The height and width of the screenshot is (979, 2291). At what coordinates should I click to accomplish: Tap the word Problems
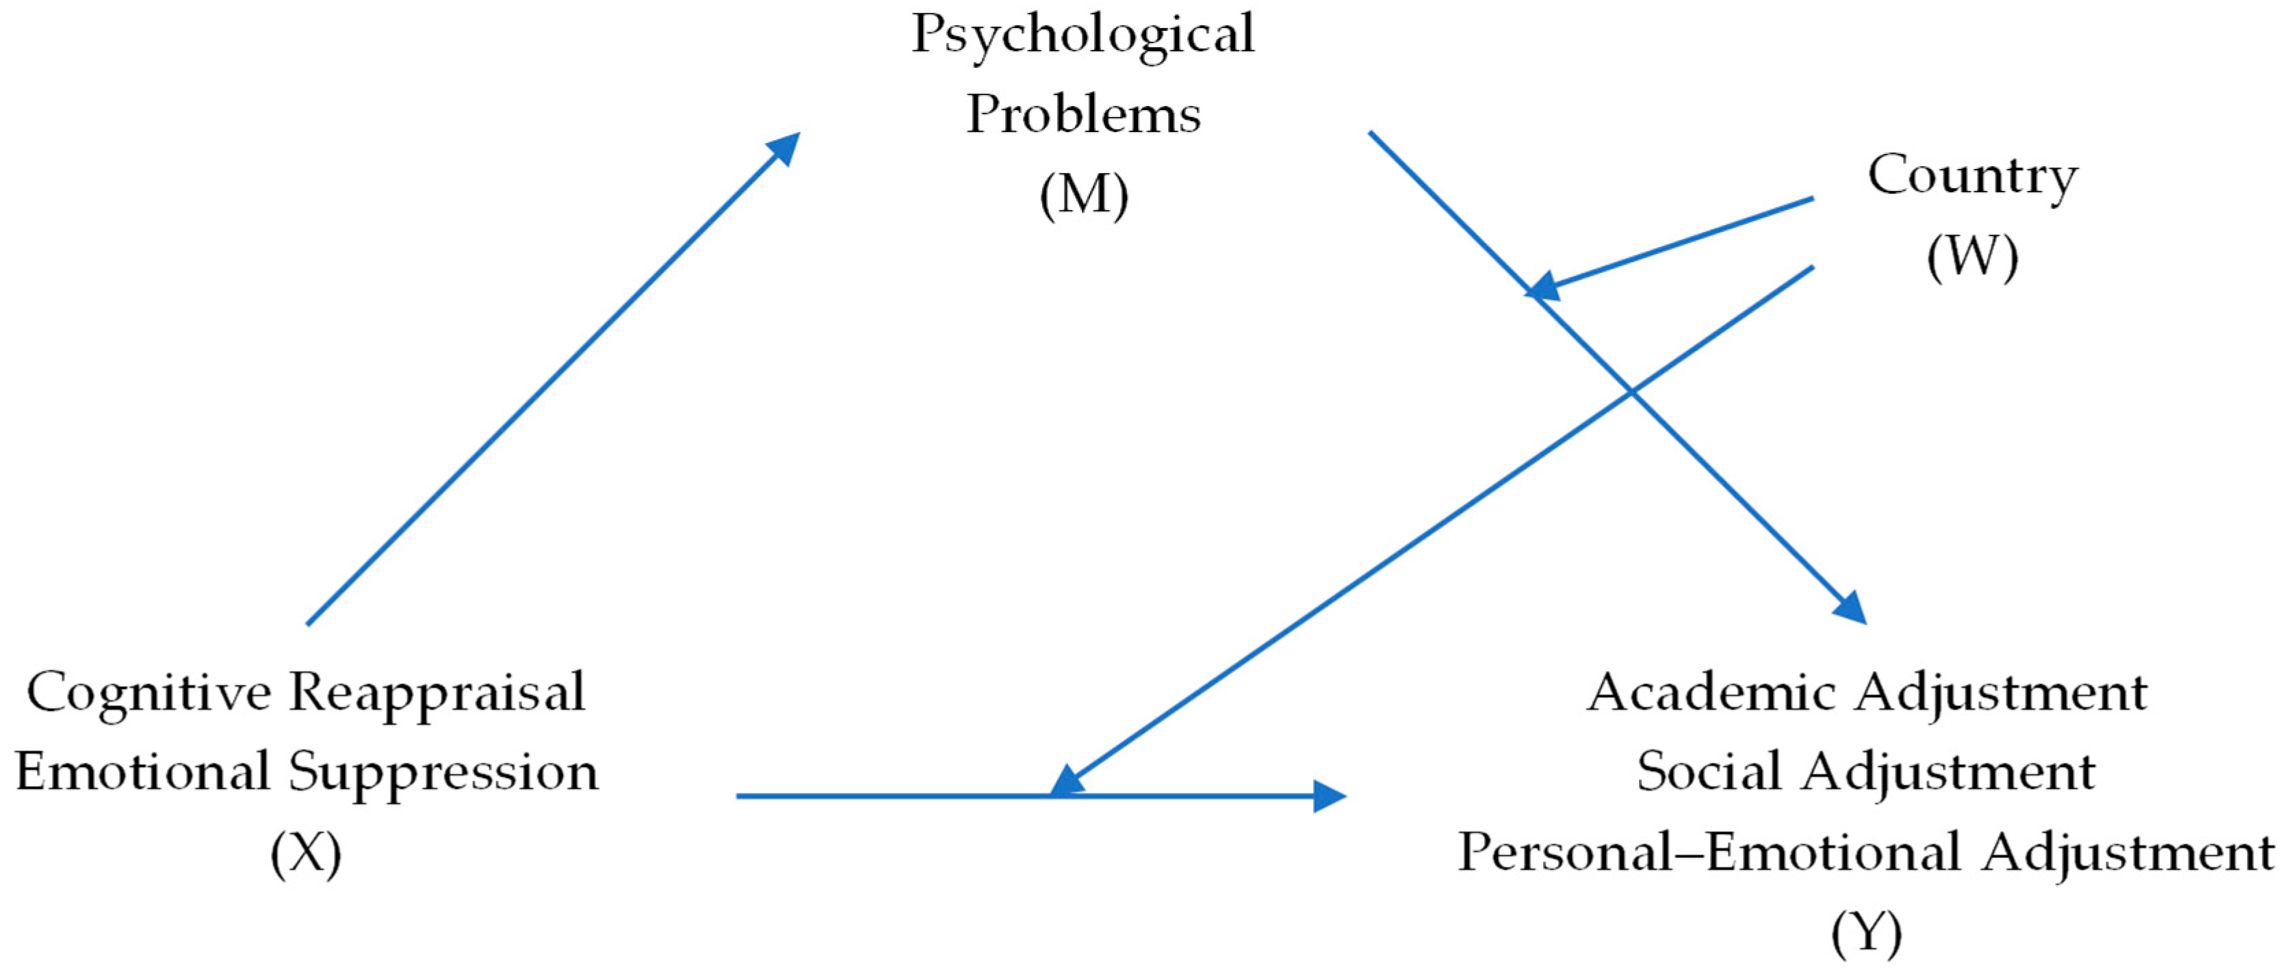click(x=1083, y=115)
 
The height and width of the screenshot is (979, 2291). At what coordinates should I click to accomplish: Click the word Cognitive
click(x=148, y=694)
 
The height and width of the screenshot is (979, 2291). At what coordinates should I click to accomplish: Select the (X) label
click(x=306, y=854)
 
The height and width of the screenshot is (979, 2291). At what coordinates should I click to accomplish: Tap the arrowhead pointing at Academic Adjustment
click(x=1850, y=608)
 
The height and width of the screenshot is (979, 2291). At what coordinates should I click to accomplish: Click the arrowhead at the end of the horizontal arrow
click(x=1329, y=796)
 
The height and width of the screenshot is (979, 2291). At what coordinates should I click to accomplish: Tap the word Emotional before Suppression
click(x=142, y=772)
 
